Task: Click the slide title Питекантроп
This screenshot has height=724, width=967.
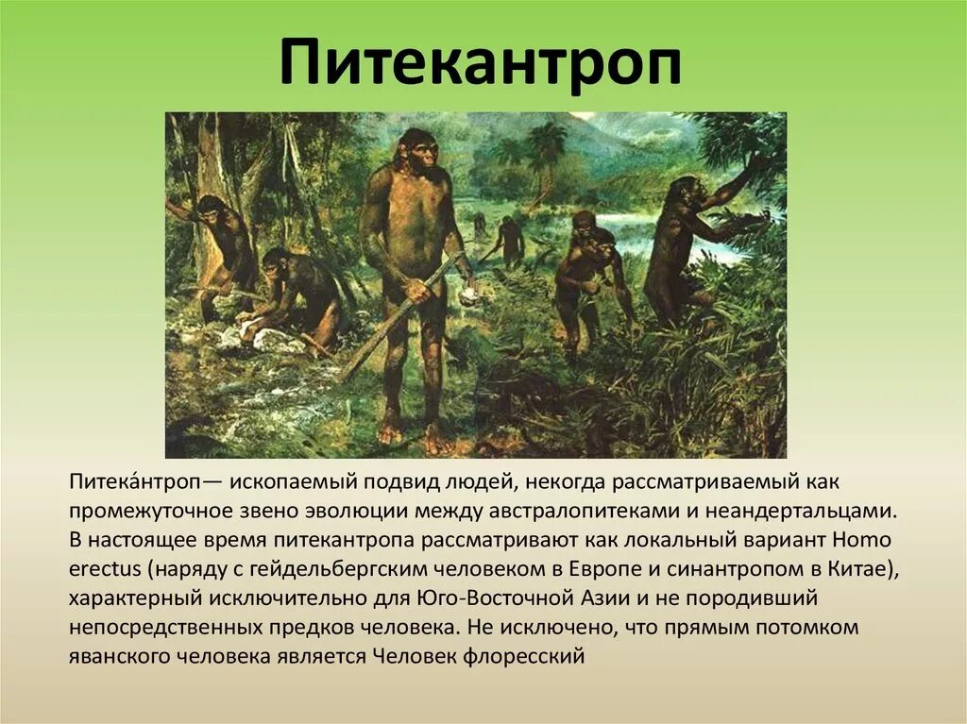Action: click(x=481, y=63)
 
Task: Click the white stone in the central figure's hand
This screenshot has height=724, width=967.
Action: click(x=467, y=294)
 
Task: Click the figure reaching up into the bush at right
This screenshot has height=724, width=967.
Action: click(x=694, y=236)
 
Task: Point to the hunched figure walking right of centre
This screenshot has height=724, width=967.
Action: click(x=585, y=274)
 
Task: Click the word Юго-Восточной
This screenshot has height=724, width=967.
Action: click(x=496, y=598)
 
